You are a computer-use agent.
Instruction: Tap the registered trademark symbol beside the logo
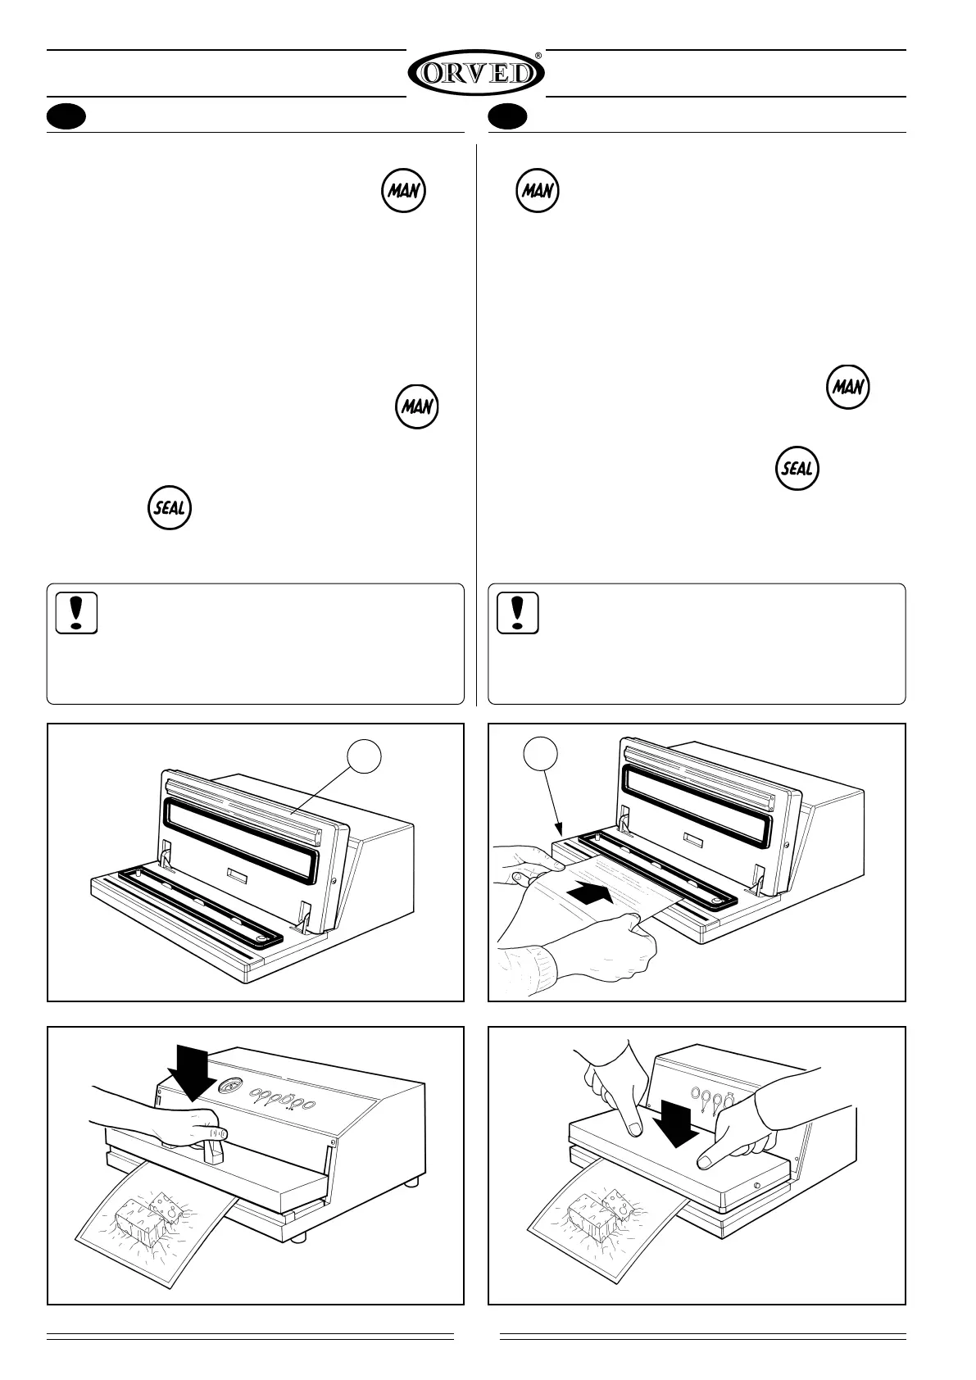[538, 56]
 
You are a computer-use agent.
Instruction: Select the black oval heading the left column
[66, 117]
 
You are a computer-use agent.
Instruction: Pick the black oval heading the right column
[507, 117]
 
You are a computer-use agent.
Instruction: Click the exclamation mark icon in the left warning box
[77, 613]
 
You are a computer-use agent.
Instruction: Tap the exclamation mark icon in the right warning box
[518, 613]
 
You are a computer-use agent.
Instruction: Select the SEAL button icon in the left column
[170, 508]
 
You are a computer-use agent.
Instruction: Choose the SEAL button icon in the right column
[797, 469]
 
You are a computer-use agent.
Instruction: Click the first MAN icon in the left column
[404, 191]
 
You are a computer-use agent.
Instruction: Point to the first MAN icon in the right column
[538, 191]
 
